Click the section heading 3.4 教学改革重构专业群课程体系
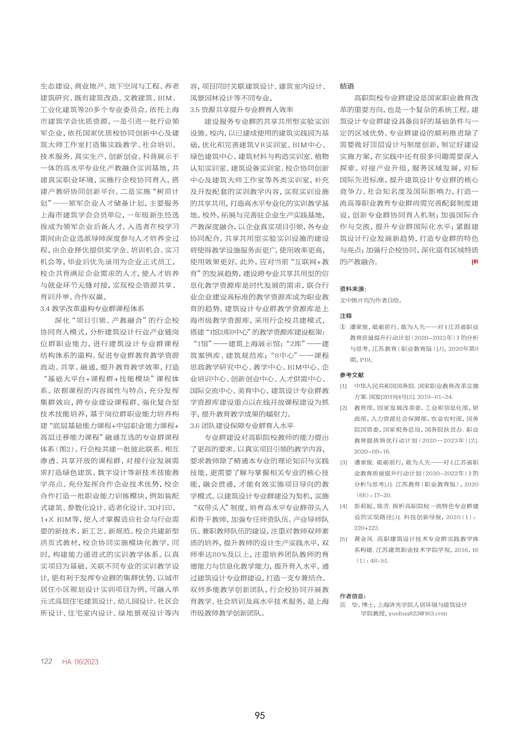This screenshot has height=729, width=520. point(92,308)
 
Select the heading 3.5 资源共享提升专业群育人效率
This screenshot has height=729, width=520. point(241,110)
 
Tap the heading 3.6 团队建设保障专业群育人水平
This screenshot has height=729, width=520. point(241,426)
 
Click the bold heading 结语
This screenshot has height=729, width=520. point(347,86)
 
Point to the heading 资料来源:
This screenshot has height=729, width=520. point(353,289)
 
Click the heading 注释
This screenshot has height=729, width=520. point(346,316)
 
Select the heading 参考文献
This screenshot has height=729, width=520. point(352,375)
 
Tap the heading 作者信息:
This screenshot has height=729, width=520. point(353,596)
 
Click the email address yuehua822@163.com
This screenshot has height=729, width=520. point(418,613)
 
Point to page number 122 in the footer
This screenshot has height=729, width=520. point(46,661)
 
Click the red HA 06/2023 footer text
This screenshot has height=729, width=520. point(80,662)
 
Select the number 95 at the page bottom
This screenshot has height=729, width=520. point(260,716)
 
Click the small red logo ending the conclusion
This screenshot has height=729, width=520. point(474,262)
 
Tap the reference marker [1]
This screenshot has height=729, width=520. point(343,386)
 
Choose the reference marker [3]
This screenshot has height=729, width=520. point(343,463)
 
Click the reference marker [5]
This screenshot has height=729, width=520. point(343,539)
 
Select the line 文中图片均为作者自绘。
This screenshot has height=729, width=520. point(371,300)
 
